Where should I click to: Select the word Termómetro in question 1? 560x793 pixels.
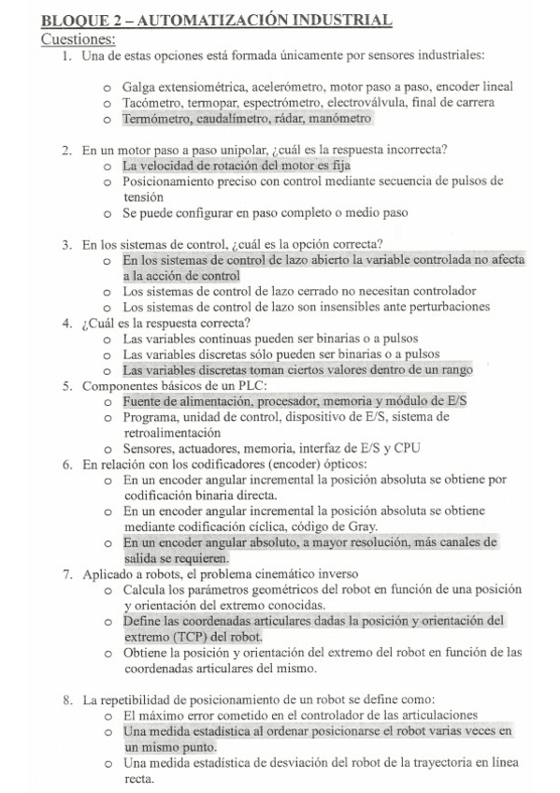pyautogui.click(x=156, y=120)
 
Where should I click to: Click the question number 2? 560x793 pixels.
pyautogui.click(x=67, y=150)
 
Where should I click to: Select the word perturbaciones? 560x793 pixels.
pyautogui.click(x=441, y=307)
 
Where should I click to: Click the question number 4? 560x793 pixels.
pyautogui.click(x=67, y=324)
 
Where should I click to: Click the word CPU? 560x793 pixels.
pyautogui.click(x=405, y=448)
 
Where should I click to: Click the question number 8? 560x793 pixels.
pyautogui.click(x=67, y=699)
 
